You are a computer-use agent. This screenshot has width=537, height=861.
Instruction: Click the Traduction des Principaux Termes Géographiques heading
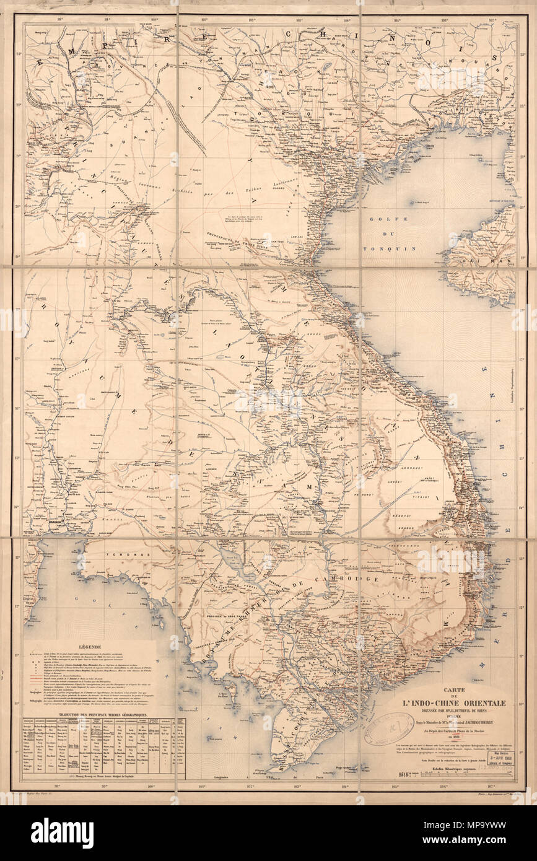click(103, 714)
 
